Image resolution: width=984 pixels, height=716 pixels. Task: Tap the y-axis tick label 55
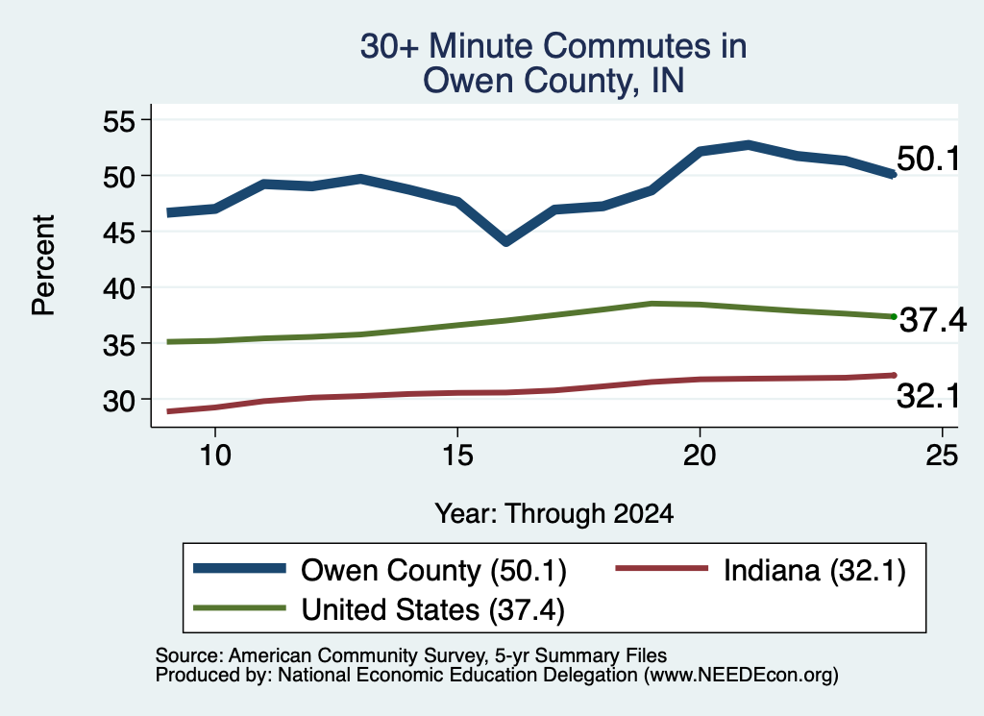pyautogui.click(x=119, y=120)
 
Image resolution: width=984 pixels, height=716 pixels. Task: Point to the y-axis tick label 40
pyautogui.click(x=119, y=288)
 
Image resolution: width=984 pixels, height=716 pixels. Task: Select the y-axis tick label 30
pyautogui.click(x=119, y=401)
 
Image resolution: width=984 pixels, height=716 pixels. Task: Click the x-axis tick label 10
pyautogui.click(x=215, y=455)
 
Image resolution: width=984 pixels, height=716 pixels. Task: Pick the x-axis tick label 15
pyautogui.click(x=457, y=455)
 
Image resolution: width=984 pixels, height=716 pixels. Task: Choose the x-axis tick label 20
pyautogui.click(x=700, y=455)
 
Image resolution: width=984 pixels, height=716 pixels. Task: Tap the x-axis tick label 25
pyautogui.click(x=942, y=455)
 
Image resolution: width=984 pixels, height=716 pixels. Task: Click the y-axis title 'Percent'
pyautogui.click(x=44, y=265)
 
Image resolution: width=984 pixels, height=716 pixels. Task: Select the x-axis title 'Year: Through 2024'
pyautogui.click(x=554, y=513)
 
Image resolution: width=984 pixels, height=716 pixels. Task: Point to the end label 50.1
pyautogui.click(x=928, y=159)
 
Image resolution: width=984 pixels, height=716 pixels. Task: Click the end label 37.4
pyautogui.click(x=933, y=320)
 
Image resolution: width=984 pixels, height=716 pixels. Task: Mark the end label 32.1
pyautogui.click(x=928, y=396)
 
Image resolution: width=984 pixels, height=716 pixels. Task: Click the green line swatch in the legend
pyautogui.click(x=239, y=608)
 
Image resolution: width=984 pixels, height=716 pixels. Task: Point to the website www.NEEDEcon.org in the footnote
pyautogui.click(x=740, y=676)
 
